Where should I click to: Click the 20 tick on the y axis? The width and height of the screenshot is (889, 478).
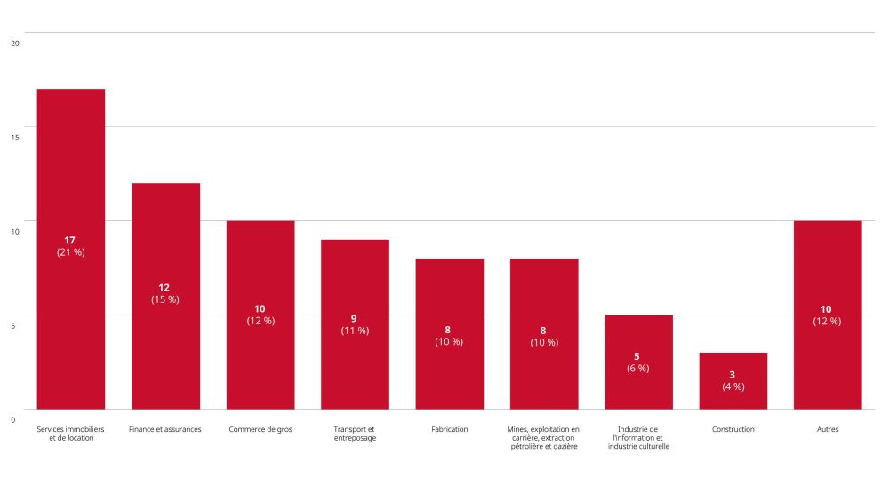pos(14,44)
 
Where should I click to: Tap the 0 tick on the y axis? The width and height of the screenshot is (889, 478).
pos(12,419)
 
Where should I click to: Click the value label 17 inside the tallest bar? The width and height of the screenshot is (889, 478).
pos(70,241)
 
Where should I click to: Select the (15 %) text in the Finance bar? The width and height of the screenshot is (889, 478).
pos(165,299)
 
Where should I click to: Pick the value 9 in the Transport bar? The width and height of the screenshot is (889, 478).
pos(355,318)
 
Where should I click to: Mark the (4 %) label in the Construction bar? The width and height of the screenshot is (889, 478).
pos(733,386)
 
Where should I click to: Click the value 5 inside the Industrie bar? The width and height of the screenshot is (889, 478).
pos(637,356)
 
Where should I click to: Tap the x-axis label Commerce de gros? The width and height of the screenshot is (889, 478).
pos(260,429)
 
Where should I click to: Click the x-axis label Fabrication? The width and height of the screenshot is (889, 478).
pos(449,429)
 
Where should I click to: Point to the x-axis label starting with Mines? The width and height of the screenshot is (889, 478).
pos(543,437)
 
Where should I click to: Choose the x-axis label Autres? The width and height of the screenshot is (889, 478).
pos(827,429)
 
